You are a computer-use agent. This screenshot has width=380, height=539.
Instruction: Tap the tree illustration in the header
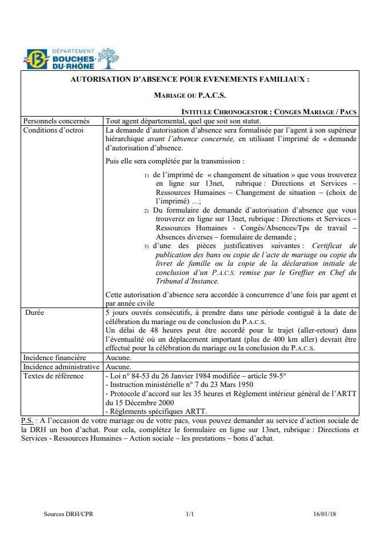(x=107, y=58)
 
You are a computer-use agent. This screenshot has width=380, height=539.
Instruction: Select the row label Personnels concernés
(x=56, y=121)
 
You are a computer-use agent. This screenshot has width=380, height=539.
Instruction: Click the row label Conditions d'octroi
(x=53, y=130)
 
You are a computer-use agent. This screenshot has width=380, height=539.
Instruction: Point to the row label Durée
(x=35, y=313)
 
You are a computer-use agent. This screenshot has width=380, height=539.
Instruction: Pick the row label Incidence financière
(x=55, y=358)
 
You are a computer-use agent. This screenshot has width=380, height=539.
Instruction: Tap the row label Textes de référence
(x=53, y=376)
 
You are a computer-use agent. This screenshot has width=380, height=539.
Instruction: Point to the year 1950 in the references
(x=243, y=385)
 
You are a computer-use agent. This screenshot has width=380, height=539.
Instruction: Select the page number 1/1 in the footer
(x=190, y=514)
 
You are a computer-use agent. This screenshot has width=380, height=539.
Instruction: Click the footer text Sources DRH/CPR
(x=69, y=514)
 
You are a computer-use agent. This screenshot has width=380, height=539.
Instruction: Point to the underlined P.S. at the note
(x=27, y=421)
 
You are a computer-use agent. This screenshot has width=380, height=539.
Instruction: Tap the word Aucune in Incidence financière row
(x=119, y=358)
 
